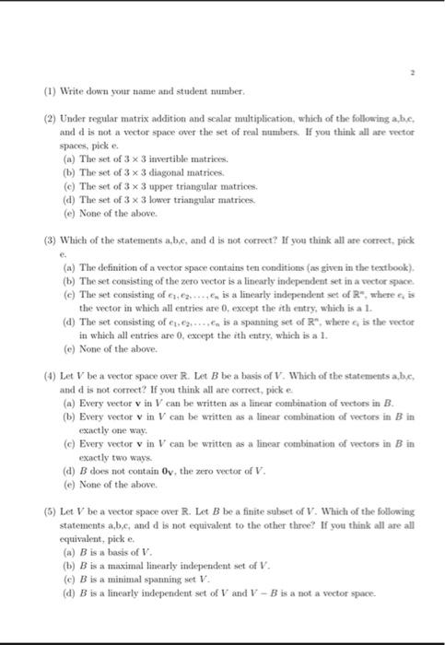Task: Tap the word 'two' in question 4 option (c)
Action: point(108,458)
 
